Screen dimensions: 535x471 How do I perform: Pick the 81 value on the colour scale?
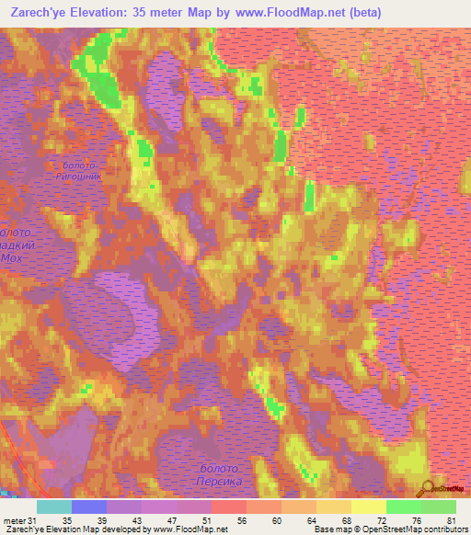[451, 520]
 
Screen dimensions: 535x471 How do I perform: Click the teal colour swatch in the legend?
[54, 507]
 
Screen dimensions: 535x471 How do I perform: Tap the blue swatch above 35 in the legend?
[89, 507]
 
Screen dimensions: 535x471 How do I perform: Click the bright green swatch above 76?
[403, 507]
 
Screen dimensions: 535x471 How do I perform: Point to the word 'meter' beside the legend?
[14, 520]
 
